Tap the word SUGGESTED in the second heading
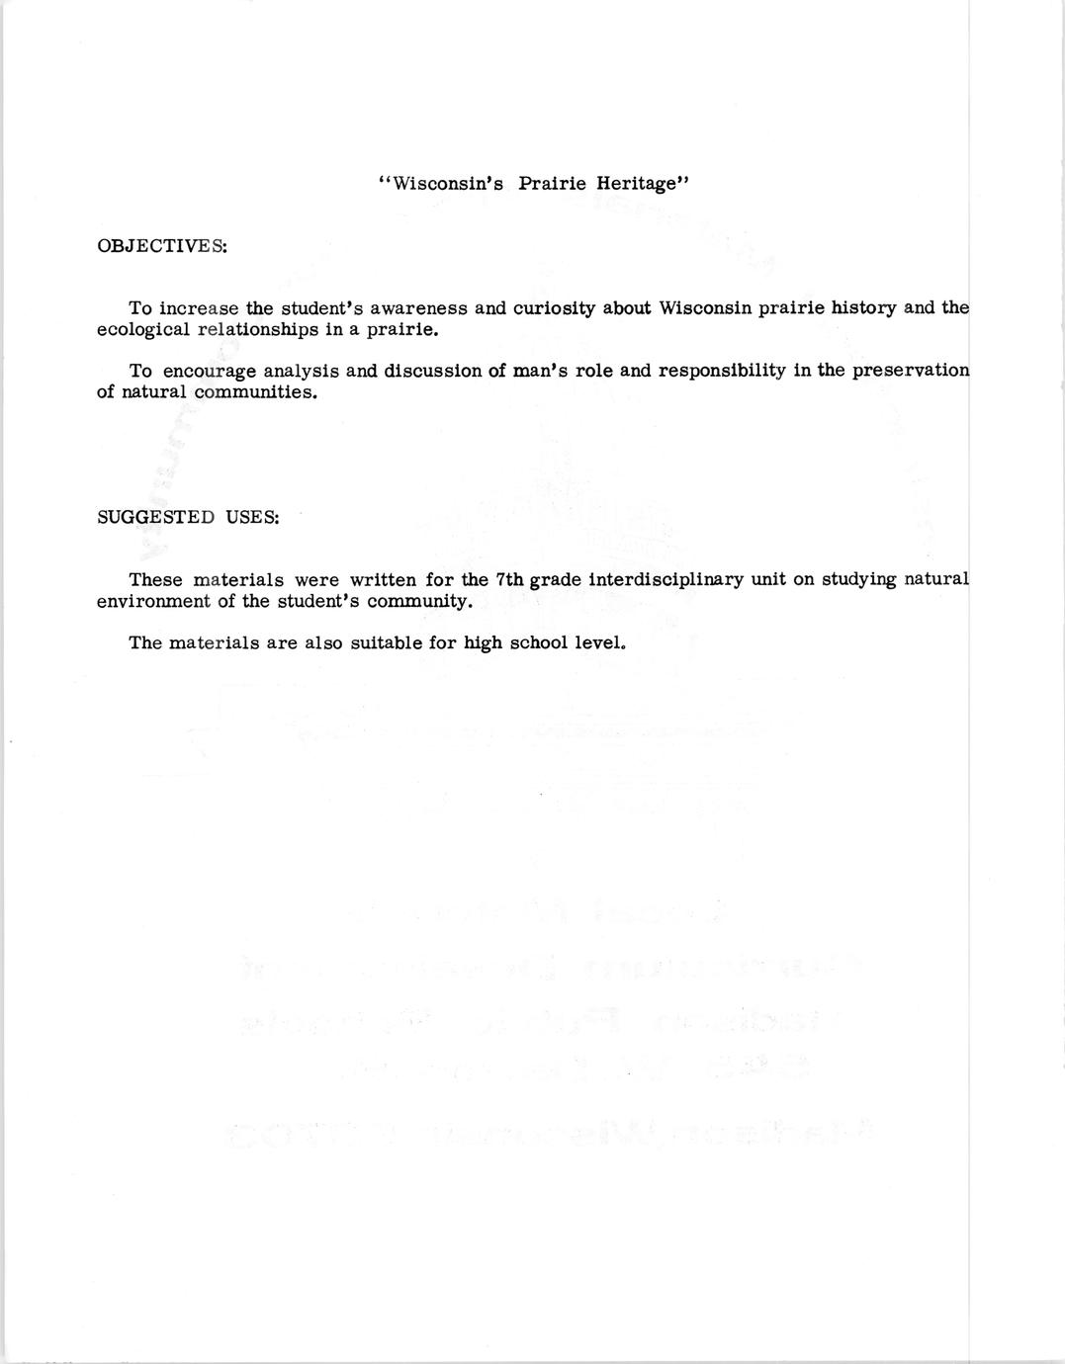tap(155, 517)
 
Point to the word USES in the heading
tap(252, 517)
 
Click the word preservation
tap(910, 372)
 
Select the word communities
tap(256, 393)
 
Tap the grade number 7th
tap(509, 580)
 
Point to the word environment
tap(153, 602)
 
